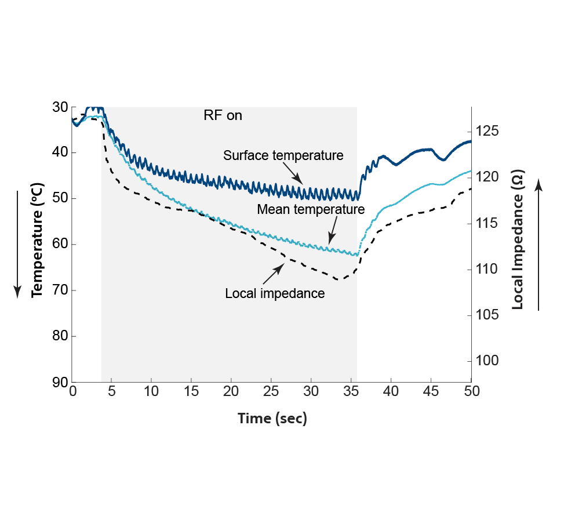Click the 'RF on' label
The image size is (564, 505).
coord(223,115)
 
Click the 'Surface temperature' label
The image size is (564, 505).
coord(283,155)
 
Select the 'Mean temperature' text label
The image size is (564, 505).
coord(311,209)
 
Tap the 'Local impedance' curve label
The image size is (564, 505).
coord(275,293)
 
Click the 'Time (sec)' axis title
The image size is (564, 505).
coord(272,419)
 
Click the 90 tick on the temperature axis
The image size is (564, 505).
coord(60,382)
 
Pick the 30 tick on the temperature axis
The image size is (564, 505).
coord(60,107)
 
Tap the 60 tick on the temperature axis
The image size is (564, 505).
coord(60,245)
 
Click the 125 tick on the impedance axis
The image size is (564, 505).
coord(487,131)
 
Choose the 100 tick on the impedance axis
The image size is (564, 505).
coord(487,361)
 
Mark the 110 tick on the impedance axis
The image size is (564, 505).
coord(487,269)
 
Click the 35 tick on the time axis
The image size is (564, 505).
coord(351,392)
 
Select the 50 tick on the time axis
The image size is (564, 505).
coord(471,392)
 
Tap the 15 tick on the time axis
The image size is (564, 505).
coord(191,392)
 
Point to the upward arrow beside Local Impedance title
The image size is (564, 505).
coord(538,244)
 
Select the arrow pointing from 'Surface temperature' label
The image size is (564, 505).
coord(293,174)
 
